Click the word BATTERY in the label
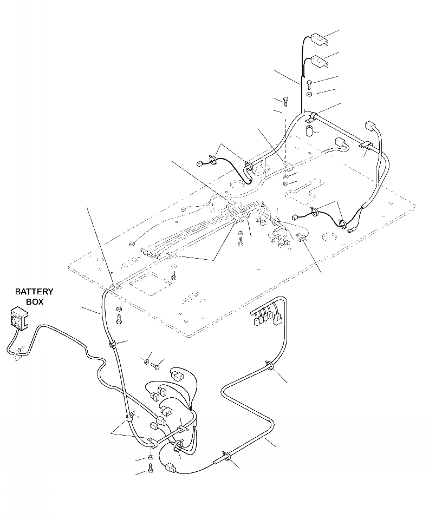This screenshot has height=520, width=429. [x=34, y=292]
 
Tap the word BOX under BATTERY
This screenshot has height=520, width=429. [x=34, y=302]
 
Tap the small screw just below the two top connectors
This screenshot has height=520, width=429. [x=309, y=83]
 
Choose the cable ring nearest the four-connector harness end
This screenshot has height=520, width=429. [x=270, y=366]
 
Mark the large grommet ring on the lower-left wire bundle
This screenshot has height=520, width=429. [x=177, y=447]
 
